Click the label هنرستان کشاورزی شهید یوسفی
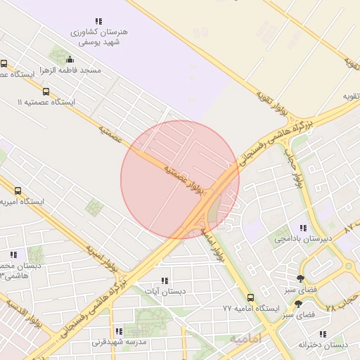click(x=97, y=37)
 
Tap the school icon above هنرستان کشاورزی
click(x=98, y=22)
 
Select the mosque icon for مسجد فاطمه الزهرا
click(x=70, y=59)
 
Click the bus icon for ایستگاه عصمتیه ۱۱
click(x=46, y=91)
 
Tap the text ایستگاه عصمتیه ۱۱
click(x=46, y=102)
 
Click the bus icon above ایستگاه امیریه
click(x=18, y=191)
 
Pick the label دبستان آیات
click(x=165, y=291)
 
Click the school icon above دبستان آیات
click(x=165, y=281)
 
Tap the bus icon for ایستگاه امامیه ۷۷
click(x=252, y=297)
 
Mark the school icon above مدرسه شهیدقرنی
click(x=118, y=331)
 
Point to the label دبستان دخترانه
click(x=323, y=345)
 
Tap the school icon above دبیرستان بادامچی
click(x=303, y=228)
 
